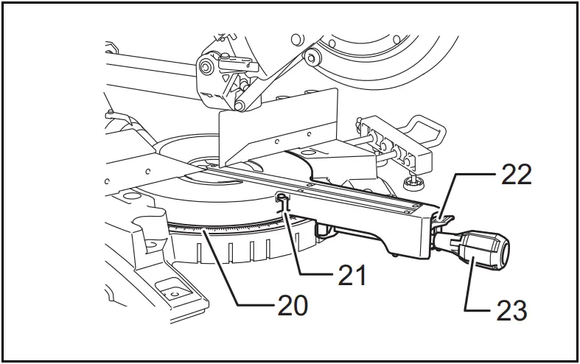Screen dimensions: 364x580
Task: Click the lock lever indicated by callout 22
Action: pos(443,216)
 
